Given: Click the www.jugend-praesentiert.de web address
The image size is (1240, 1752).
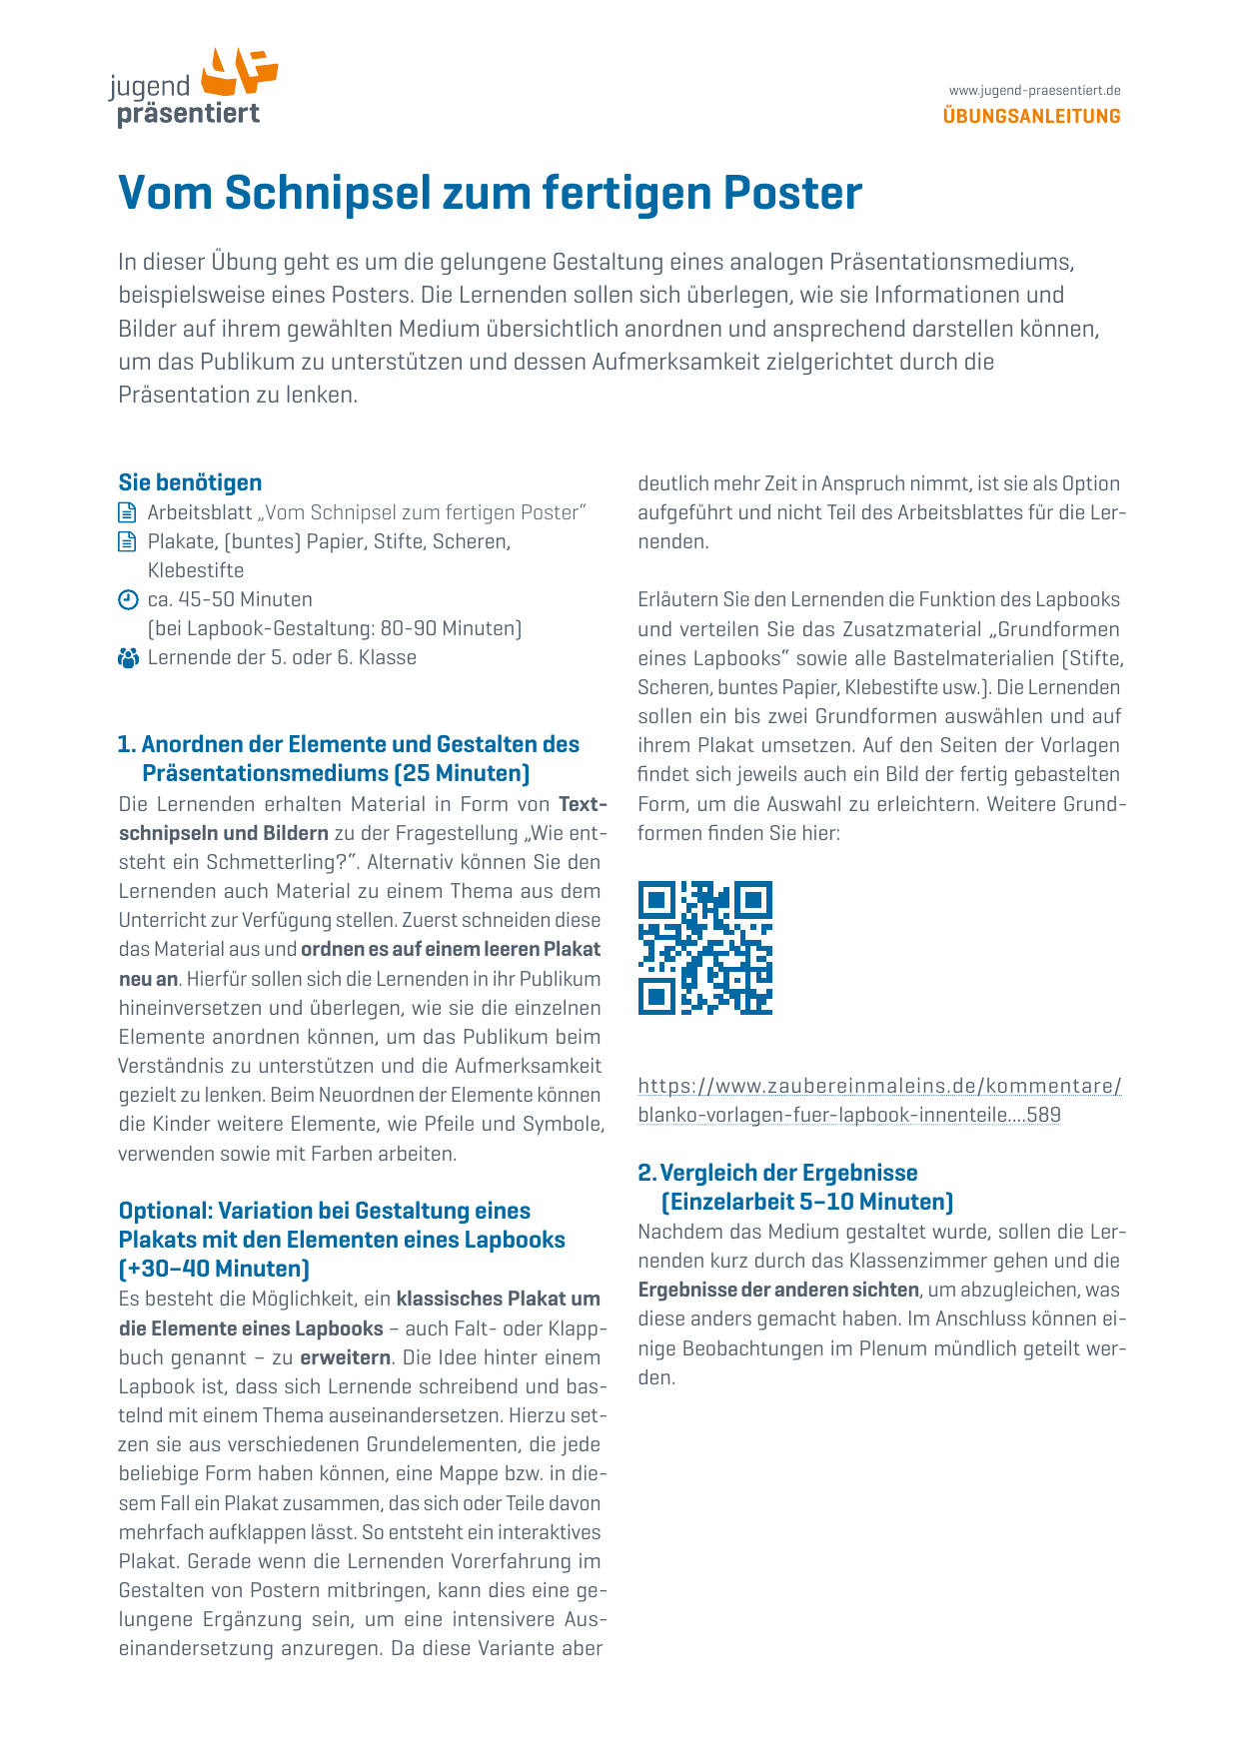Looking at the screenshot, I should (1034, 91).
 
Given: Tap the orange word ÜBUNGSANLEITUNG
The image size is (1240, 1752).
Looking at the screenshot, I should (1031, 116).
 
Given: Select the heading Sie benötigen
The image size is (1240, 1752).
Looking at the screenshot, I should (190, 482).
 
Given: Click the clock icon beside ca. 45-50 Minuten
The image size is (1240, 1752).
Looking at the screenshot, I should (127, 599).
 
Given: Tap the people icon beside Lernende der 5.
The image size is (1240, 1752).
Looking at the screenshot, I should (128, 658).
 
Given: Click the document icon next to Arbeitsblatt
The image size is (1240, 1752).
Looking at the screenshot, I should (127, 512).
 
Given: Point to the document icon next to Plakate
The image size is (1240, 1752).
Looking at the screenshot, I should (127, 541).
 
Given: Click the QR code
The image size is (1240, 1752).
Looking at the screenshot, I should (705, 948).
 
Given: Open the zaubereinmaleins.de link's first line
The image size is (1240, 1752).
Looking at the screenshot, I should (879, 1086).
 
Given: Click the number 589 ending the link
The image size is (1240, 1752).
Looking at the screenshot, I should (1043, 1115).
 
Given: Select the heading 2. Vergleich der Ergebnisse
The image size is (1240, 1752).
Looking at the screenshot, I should (777, 1173).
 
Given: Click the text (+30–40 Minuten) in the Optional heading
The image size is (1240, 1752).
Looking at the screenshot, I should (214, 1269).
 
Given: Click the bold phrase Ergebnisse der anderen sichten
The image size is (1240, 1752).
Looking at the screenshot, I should (778, 1290).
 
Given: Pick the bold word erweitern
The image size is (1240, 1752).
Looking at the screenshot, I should (346, 1357).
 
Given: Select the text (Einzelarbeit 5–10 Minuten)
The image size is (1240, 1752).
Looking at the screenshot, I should (807, 1202).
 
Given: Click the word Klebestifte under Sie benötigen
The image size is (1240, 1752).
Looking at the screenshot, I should (196, 570).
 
